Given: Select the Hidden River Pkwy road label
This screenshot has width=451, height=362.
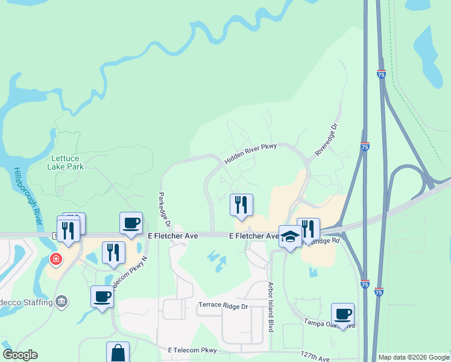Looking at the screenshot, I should pos(250,154).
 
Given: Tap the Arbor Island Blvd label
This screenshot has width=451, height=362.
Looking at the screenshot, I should pos(271,299).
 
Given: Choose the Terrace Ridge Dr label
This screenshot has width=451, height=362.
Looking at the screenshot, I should pos(223,306).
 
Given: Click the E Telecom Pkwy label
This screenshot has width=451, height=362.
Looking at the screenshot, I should pos(192,350).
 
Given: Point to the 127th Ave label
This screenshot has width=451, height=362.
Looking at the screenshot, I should pos(316,357).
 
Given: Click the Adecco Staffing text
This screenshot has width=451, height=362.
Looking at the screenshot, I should pos(24,300).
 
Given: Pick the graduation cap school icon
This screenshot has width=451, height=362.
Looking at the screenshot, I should pos(290,236).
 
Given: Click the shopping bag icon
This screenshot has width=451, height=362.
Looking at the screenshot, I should pos(118,354).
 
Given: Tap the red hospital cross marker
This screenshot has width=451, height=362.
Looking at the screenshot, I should pos(55,259).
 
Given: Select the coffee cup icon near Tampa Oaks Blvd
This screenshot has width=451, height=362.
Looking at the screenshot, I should pos(342,314).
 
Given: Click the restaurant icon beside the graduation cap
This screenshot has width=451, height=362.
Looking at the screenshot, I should pos(308,229).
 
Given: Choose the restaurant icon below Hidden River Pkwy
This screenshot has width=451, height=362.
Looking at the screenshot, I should pos(241,205).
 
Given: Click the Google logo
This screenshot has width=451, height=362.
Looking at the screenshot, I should pos(20,355).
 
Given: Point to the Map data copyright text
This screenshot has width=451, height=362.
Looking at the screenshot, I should pos(413,357).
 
